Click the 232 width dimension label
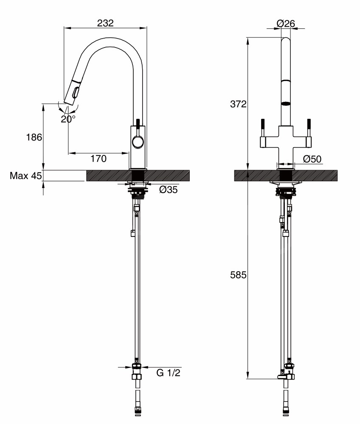[105, 23]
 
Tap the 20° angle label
[68, 119]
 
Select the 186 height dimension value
[34, 137]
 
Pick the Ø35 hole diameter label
[169, 190]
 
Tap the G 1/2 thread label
[169, 373]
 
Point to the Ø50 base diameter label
[313, 159]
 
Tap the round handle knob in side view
[138, 142]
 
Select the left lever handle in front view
[263, 127]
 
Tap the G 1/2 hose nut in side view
[137, 368]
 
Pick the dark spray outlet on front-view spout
[287, 103]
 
